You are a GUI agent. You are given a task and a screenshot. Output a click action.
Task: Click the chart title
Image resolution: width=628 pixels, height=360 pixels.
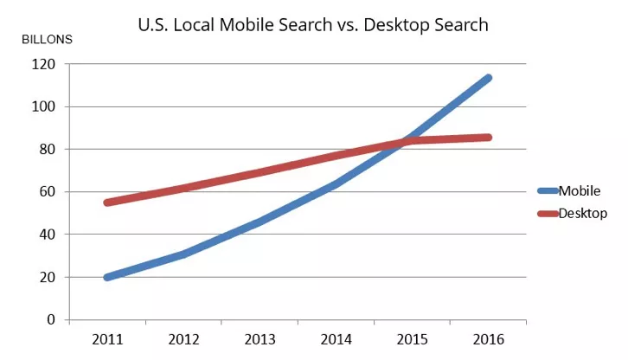[313, 25]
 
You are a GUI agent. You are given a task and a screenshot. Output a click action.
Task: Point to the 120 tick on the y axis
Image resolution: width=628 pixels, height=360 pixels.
[45, 64]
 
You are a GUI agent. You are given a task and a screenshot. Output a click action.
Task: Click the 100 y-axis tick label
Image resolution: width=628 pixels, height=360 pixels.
[45, 106]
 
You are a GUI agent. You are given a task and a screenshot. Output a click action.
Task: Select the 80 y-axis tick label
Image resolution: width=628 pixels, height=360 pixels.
[48, 149]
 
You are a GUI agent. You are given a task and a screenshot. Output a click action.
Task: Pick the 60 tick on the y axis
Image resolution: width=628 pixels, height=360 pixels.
[48, 191]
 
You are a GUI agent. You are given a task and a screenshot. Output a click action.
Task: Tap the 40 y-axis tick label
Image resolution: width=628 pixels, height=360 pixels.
[48, 234]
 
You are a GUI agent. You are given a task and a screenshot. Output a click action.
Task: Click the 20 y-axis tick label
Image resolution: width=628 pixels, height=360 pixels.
[48, 277]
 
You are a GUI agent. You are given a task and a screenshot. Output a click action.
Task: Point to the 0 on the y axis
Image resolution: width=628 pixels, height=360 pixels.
[52, 319]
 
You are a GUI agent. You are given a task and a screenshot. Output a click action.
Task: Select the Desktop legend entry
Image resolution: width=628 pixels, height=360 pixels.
[581, 212]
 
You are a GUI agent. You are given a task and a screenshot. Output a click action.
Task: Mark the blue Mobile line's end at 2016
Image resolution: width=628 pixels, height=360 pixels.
[489, 78]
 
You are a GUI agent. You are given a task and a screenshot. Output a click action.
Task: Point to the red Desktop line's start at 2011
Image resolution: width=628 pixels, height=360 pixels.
[106, 202]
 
